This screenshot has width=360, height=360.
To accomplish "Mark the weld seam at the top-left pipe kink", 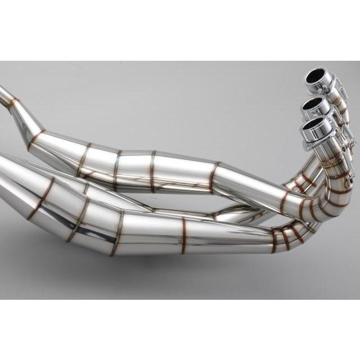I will (x=12, y=103).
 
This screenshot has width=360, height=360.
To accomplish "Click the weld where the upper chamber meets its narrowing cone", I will (x=213, y=176).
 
